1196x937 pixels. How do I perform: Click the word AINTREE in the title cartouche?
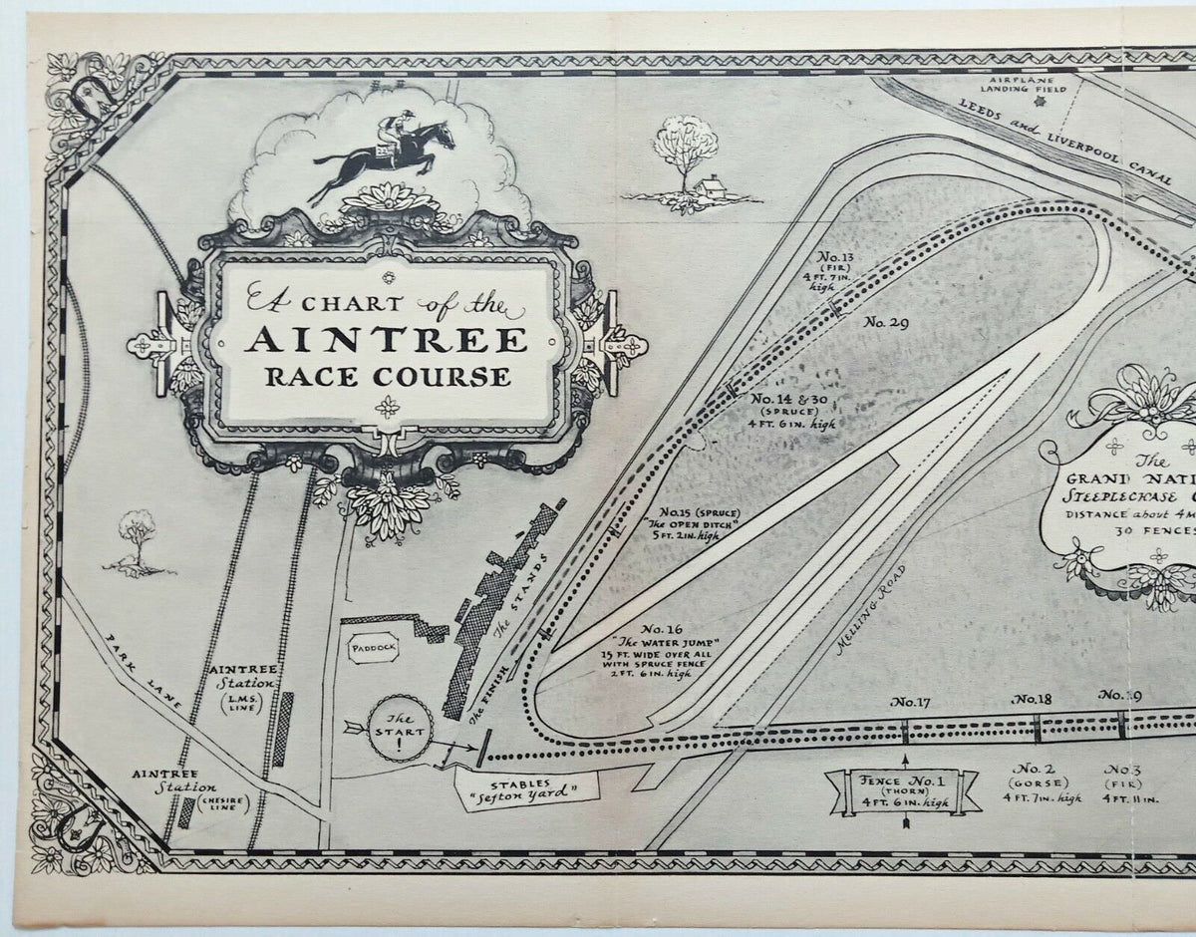tap(387, 341)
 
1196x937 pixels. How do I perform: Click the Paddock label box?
tap(373, 648)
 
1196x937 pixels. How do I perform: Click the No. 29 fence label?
tap(885, 321)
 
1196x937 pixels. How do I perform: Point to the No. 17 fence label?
tap(911, 702)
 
